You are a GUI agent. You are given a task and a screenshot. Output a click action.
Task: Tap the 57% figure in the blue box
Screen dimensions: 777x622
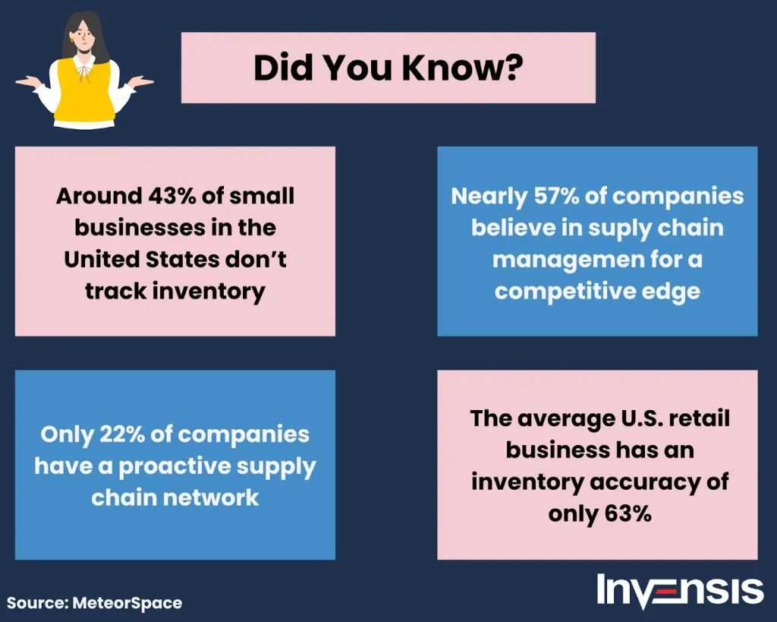[x=556, y=196]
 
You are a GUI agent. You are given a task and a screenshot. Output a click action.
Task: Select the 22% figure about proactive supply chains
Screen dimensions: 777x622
[x=122, y=434]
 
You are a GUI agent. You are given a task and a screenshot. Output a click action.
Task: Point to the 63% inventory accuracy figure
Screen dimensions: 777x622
[x=628, y=514]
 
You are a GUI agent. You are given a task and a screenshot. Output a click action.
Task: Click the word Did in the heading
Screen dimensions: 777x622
[x=284, y=68]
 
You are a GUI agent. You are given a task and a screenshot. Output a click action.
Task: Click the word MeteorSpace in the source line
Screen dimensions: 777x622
[x=127, y=603]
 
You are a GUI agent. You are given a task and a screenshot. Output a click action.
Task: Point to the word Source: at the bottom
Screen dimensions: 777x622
[x=38, y=603]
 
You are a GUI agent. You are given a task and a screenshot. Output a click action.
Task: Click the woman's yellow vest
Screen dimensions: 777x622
[x=85, y=92]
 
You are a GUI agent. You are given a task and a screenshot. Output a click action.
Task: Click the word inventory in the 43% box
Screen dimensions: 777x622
[x=209, y=292]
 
